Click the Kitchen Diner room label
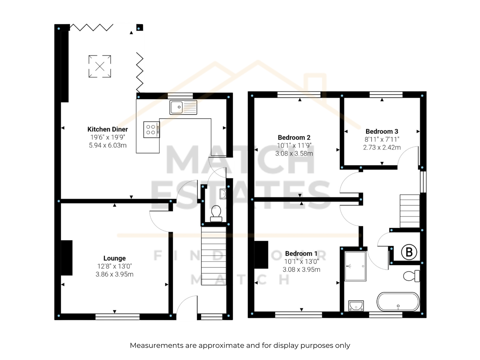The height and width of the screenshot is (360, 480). tap(108, 129)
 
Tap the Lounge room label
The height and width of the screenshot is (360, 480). tap(114, 258)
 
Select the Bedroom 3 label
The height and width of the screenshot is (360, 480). tap(382, 131)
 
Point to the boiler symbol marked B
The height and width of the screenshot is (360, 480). tap(409, 252)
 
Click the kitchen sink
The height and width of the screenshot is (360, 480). tap(183, 107)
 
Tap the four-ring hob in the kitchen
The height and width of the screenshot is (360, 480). tap(151, 130)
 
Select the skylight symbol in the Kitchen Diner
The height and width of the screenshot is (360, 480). tap(100, 66)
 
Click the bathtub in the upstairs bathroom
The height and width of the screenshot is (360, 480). tap(398, 301)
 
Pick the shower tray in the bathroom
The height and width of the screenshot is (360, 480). tap(355, 266)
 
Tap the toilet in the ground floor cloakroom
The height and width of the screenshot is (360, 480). tap(216, 214)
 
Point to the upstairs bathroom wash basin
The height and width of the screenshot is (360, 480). tap(356, 306)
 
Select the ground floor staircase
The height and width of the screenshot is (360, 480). tap(214, 256)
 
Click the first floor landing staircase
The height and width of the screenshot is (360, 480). tap(410, 211)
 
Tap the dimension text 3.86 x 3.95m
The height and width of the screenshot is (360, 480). tap(114, 274)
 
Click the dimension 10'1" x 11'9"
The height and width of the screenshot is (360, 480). tap(294, 145)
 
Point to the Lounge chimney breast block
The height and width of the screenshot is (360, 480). tap(67, 258)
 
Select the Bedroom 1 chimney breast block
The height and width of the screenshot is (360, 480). tap(261, 255)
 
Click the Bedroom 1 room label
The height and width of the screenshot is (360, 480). tap(301, 253)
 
